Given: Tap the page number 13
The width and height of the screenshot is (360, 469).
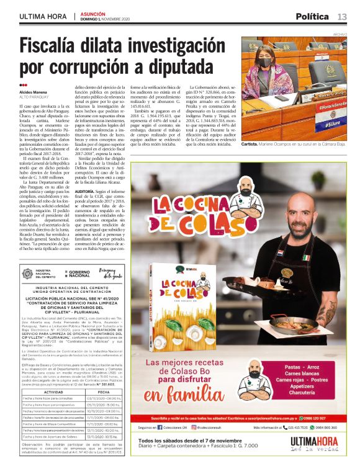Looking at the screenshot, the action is point(342,16).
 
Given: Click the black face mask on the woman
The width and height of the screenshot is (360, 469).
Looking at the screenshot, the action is point(266,63).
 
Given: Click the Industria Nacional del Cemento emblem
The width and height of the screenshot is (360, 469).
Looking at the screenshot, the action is point(29,273).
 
